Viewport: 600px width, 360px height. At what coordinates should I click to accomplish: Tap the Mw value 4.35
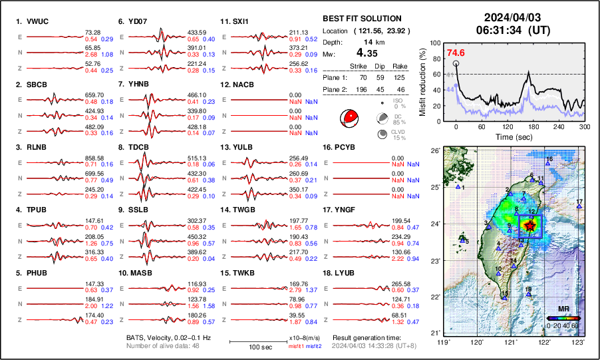coord(370,53)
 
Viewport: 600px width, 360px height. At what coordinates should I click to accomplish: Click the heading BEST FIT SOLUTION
coord(361,19)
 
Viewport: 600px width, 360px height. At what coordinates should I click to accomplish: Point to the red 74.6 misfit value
coord(456,53)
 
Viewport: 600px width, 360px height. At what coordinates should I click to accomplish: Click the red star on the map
coord(529,226)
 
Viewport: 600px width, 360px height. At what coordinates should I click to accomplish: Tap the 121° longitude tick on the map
coord(511,342)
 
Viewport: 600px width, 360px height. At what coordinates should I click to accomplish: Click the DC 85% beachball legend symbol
coord(383,118)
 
